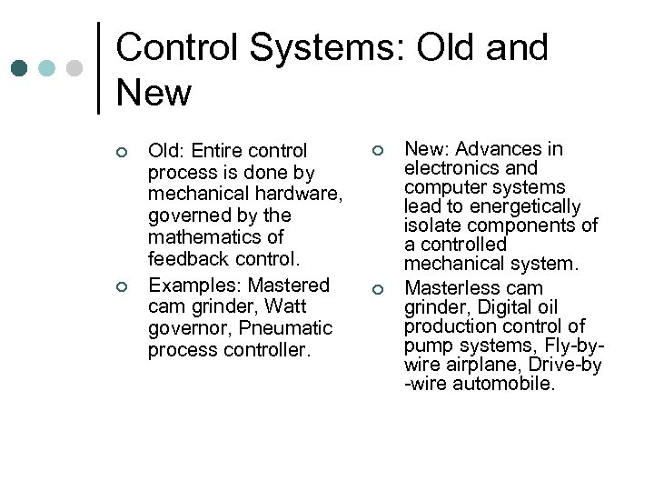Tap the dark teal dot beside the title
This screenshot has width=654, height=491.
pos(20,68)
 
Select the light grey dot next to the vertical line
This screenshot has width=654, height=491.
pos(75,68)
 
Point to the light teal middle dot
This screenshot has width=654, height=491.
pos(47,68)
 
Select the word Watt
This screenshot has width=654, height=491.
pos(284,306)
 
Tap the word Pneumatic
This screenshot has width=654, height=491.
pos(290,328)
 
